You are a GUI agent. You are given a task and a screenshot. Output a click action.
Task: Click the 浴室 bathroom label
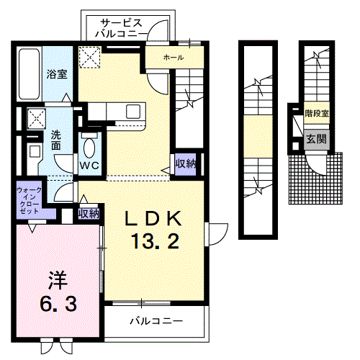(57, 74)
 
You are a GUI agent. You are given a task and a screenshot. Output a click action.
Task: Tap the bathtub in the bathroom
(29, 74)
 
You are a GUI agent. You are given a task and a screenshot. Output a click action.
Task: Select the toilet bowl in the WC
(89, 148)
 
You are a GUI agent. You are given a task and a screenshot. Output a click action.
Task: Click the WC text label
(89, 166)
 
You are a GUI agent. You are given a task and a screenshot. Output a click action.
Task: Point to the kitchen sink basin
(133, 112)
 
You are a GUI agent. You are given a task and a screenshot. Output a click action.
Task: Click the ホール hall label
(174, 58)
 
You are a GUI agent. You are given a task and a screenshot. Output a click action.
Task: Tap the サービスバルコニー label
(121, 29)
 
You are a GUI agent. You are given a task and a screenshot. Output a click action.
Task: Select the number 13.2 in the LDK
(156, 241)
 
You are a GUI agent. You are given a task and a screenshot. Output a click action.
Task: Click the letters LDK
(153, 218)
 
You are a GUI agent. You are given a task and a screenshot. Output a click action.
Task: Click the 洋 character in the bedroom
(58, 281)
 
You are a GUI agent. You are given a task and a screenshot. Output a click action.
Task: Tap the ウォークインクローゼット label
(29, 201)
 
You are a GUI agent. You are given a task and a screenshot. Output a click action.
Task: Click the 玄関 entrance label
(317, 139)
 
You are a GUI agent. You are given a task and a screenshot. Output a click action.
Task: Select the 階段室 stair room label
(317, 113)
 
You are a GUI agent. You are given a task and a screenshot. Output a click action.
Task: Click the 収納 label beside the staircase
(186, 164)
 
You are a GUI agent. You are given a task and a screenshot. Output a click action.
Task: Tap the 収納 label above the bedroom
(89, 213)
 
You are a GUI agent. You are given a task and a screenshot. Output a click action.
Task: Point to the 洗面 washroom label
(56, 140)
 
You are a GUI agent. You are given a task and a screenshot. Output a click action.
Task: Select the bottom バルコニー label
(156, 320)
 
